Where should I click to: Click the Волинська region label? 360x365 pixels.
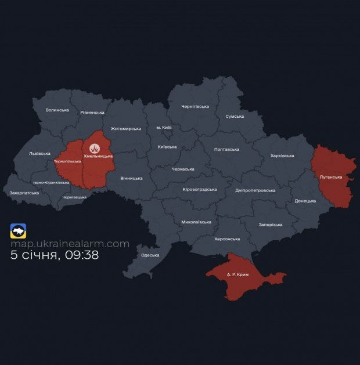(57, 110)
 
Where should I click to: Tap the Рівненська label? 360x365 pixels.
(92, 113)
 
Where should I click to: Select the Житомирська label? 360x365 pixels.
(125, 129)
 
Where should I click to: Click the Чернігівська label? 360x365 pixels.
(195, 106)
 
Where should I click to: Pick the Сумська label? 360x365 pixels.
(234, 117)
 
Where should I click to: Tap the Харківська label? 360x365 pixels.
(282, 156)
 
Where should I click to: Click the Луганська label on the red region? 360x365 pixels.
(331, 177)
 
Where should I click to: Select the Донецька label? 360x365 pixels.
(305, 201)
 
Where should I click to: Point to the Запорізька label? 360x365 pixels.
(270, 225)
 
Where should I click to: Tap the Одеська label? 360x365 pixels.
(150, 255)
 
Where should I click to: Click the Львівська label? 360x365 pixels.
(39, 154)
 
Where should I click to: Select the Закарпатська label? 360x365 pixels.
(24, 193)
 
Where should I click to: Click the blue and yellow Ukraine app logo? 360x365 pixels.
(19, 231)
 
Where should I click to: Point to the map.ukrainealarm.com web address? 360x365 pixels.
(70, 244)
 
